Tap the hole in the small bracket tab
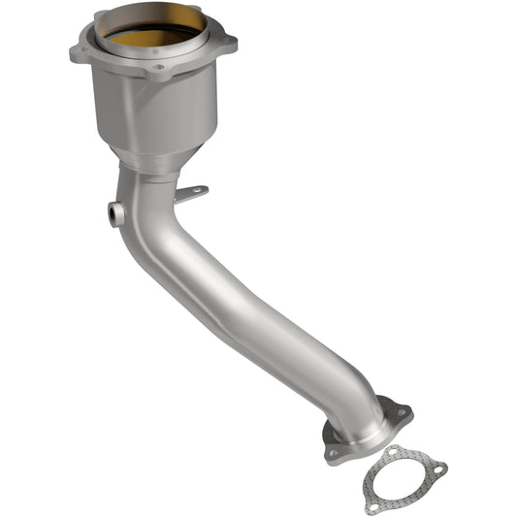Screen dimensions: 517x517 click(199, 191)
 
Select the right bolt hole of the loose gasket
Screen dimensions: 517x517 click(437, 469)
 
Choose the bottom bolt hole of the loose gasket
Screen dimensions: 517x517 click(372, 505)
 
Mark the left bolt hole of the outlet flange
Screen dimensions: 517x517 click(334, 452)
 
